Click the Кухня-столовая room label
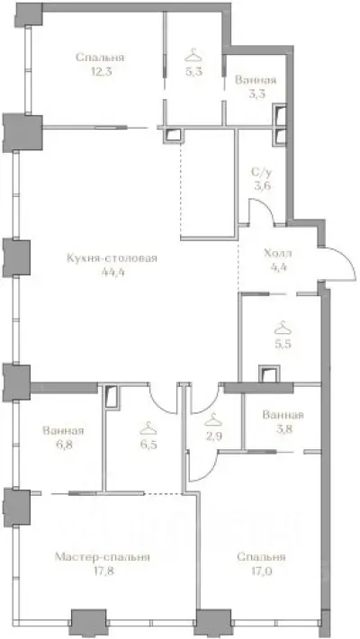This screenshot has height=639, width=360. click(112, 257)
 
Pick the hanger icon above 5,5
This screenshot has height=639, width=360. click(283, 328)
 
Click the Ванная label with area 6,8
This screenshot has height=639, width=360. click(63, 430)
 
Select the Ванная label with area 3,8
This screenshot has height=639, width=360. click(283, 416)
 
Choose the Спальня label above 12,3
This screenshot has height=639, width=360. click(99, 58)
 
